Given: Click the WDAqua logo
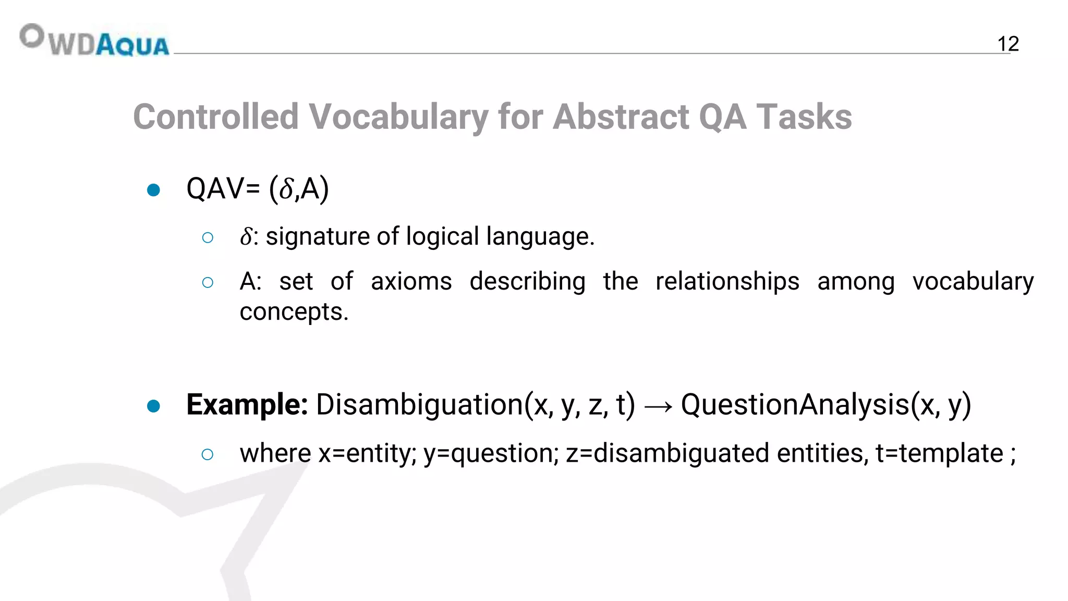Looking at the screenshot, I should tap(94, 40).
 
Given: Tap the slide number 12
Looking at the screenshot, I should tap(1008, 44).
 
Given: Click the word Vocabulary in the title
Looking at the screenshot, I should tap(399, 116).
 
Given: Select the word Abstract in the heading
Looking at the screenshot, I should tap(621, 116).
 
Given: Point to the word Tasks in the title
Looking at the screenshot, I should tap(804, 116).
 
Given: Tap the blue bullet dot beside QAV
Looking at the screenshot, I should tap(153, 190).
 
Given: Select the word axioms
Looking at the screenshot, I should tap(411, 282).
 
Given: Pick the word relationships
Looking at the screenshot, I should tap(727, 282).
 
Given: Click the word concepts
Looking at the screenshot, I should tap(294, 312).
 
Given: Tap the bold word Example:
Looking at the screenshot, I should tap(247, 404).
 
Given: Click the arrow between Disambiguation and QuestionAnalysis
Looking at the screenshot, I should tap(658, 406).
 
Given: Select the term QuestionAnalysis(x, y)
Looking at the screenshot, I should tap(826, 404).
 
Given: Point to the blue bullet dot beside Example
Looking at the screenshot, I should tap(153, 406).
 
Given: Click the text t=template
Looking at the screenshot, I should tap(939, 453).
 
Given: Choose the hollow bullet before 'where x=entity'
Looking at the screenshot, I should tap(208, 454).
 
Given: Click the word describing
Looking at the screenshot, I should tap(527, 282).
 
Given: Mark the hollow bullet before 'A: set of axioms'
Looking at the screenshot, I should tap(208, 283).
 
